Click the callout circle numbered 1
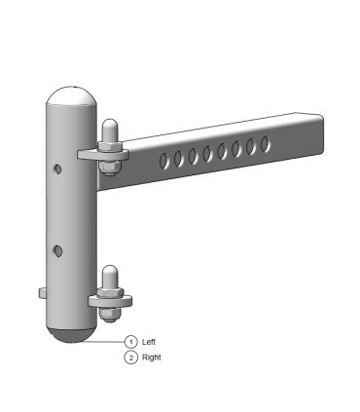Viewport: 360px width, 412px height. point(130,342)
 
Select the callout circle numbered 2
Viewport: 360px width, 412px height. point(130,357)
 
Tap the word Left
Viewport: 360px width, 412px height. point(149,342)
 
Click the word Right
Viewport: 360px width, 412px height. point(152,357)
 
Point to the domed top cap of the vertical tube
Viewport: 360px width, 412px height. point(71,95)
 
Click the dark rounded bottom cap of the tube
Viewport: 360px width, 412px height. point(72,334)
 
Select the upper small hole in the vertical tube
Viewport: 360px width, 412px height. point(57,169)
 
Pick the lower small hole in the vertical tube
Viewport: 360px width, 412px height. point(58,251)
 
